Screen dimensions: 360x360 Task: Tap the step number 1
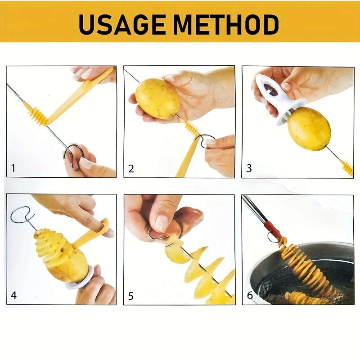tap(13, 168)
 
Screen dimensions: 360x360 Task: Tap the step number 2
tap(131, 169)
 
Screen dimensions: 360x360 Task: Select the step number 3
tap(249, 169)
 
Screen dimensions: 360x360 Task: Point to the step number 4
tap(13, 296)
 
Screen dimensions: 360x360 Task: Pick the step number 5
tap(131, 296)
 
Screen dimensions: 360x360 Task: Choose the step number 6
tap(249, 296)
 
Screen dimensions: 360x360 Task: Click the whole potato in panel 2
tap(157, 99)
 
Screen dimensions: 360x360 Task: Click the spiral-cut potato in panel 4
tap(61, 254)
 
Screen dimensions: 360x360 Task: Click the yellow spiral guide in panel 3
tap(346, 167)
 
